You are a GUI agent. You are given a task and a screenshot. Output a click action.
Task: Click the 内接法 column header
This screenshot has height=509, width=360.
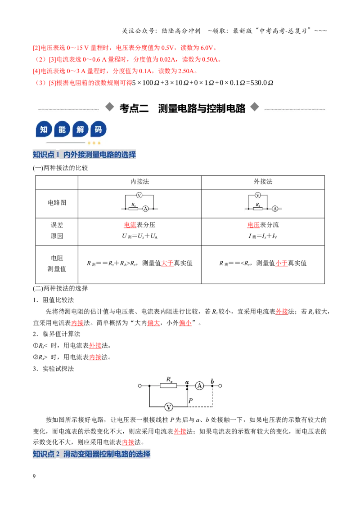click(139, 182)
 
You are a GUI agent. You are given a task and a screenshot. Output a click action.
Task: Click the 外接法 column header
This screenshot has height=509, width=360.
click(263, 182)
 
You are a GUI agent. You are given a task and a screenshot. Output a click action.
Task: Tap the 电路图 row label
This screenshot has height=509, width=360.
click(57, 202)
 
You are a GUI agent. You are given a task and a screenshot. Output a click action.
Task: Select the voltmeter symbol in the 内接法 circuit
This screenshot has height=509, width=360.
click(139, 195)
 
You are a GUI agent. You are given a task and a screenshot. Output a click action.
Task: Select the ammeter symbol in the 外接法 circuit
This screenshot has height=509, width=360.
click(275, 209)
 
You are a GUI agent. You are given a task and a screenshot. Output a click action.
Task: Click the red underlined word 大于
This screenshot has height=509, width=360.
click(167, 263)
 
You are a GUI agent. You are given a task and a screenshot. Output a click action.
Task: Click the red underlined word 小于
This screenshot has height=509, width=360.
click(281, 263)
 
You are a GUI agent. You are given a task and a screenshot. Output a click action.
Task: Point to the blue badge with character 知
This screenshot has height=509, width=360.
click(44, 129)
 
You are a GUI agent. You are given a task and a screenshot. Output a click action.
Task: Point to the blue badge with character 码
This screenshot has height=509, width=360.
click(98, 129)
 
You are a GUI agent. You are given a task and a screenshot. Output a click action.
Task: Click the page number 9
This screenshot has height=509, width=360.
click(34, 476)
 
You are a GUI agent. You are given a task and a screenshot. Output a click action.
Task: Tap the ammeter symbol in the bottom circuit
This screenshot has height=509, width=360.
click(199, 386)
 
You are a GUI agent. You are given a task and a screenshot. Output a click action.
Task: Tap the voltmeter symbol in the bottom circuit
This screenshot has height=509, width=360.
click(169, 407)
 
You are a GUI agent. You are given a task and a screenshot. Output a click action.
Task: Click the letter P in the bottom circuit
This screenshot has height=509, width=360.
click(191, 401)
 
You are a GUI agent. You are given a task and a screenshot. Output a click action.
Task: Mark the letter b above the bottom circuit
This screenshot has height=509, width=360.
click(212, 381)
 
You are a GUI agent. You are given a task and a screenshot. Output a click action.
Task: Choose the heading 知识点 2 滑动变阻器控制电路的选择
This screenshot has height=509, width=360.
click(92, 454)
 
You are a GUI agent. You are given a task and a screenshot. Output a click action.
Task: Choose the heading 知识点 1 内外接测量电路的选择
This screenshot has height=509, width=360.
click(84, 155)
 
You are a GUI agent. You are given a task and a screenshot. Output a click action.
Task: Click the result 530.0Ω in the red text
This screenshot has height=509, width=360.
click(261, 83)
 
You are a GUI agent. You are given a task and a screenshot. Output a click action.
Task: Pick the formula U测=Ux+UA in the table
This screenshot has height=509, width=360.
click(139, 236)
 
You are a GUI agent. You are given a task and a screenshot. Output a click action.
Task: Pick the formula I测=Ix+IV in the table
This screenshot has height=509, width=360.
click(263, 236)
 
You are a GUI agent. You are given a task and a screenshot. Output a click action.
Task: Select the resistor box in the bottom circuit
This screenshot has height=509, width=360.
click(168, 386)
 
